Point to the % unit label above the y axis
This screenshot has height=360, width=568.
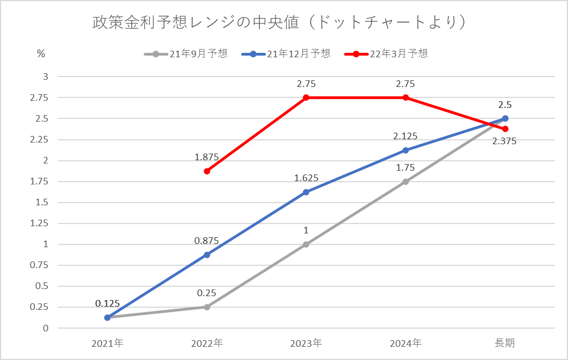tap(41, 54)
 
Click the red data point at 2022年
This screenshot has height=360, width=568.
tap(207, 171)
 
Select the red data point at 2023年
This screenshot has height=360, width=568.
tap(306, 97)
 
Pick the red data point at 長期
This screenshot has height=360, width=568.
tap(505, 129)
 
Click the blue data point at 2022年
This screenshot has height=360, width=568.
tap(207, 255)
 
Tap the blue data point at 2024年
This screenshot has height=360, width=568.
tap(406, 150)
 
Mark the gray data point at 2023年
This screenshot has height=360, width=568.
tap(306, 244)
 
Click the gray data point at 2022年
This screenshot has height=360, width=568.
tap(207, 307)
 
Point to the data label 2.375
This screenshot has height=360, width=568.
tap(505, 141)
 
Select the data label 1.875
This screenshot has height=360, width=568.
tap(206, 157)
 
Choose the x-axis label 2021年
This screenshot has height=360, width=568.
tap(107, 343)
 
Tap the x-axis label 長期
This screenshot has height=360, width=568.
tap(505, 343)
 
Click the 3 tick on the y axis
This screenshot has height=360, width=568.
tap(46, 77)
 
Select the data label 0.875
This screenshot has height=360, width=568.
tap(206, 241)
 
